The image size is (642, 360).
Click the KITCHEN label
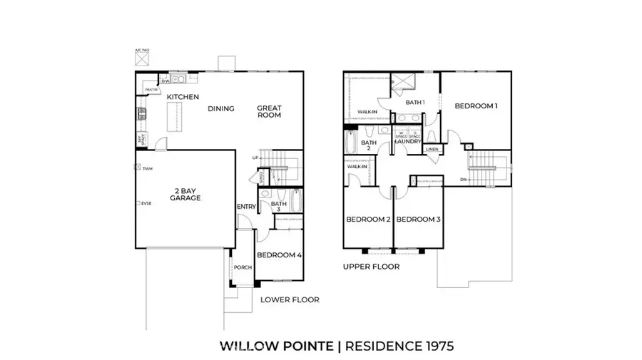click(x=183, y=97)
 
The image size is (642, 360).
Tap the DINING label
click(x=221, y=109)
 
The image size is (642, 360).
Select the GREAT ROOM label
click(x=269, y=112)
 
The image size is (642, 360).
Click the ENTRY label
click(x=246, y=207)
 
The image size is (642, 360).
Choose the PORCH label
click(x=243, y=269)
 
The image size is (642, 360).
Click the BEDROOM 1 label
click(x=476, y=106)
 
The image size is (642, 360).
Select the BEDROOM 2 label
click(x=368, y=219)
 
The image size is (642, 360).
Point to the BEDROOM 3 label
click(x=419, y=219)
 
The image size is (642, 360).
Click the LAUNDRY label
click(x=408, y=141)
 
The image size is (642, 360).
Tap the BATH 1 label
click(x=415, y=102)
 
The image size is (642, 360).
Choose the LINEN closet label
click(x=432, y=150)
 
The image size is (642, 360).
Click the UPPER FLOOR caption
click(x=371, y=267)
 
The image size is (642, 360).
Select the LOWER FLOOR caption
click(x=290, y=300)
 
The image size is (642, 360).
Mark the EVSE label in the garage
click(x=146, y=203)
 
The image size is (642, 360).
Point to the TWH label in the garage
click(x=147, y=169)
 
